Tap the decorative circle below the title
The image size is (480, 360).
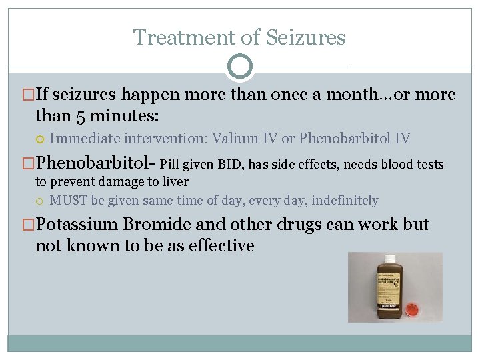click(x=240, y=66)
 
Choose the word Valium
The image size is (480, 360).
click(x=233, y=139)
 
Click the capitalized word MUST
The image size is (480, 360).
click(x=69, y=200)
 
